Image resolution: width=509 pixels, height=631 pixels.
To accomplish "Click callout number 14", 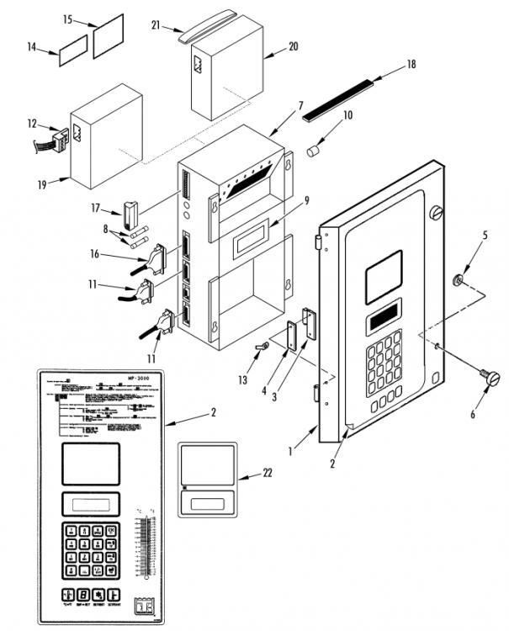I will pyautogui.click(x=32, y=47).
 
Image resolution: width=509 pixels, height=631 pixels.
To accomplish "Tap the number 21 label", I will pyautogui.click(x=156, y=25).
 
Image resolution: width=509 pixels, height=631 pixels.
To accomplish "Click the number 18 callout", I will pyautogui.click(x=411, y=64).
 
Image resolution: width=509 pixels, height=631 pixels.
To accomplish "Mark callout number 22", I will pyautogui.click(x=268, y=475).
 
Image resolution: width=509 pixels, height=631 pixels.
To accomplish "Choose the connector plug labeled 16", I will pyautogui.click(x=155, y=258).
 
